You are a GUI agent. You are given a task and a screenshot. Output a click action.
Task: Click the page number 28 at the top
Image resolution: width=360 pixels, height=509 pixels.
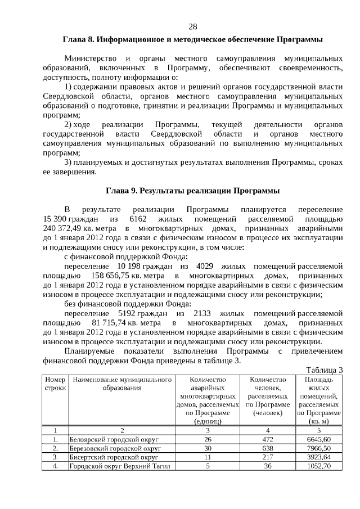click(x=192, y=27)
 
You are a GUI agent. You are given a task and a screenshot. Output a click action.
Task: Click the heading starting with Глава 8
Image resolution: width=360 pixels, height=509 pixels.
click(x=192, y=40)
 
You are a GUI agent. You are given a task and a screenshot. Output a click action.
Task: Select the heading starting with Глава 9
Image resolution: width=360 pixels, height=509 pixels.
click(x=192, y=190)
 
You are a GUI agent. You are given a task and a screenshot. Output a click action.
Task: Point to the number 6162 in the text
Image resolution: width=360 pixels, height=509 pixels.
click(x=138, y=218)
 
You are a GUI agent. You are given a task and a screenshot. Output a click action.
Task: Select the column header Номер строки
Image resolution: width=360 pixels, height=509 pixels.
click(x=55, y=384)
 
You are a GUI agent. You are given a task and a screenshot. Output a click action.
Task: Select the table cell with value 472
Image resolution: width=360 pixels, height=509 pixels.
click(x=268, y=439)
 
